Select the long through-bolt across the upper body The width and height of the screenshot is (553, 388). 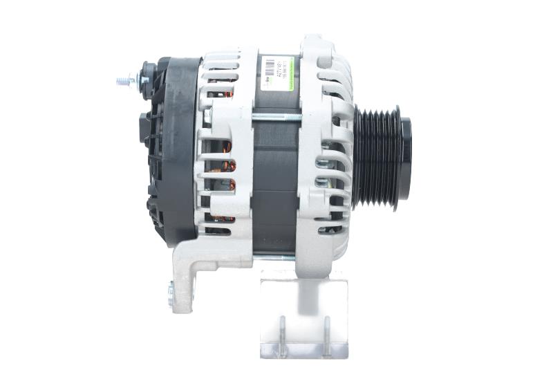pos(276,118)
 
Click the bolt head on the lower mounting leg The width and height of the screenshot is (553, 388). pos(170,295)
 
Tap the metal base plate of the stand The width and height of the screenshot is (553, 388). pos(304,352)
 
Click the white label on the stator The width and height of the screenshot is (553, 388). pos(276,73)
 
